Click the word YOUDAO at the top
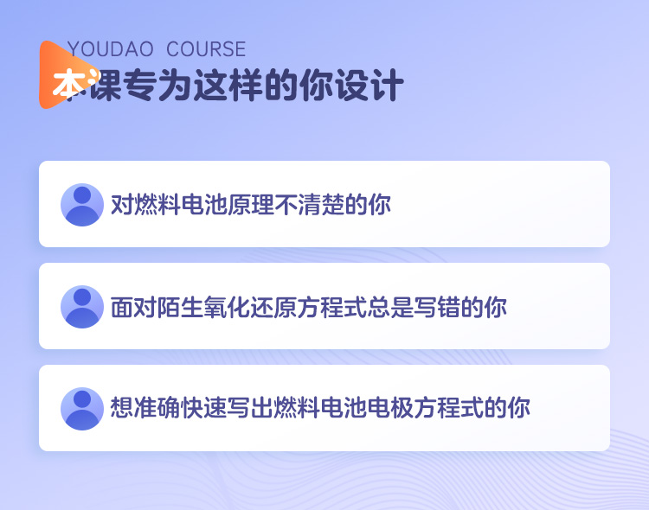[110, 49]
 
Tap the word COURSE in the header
[206, 49]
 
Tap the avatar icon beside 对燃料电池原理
[82, 205]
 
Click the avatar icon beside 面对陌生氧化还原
[82, 307]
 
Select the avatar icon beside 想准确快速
[82, 409]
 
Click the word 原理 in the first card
[251, 204]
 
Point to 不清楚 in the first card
[309, 204]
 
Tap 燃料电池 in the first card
[181, 204]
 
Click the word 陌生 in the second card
[181, 308]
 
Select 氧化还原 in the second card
[250, 308]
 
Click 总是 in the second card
[390, 308]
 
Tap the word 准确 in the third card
[157, 407]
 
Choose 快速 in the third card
[204, 407]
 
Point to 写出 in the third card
[251, 407]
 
